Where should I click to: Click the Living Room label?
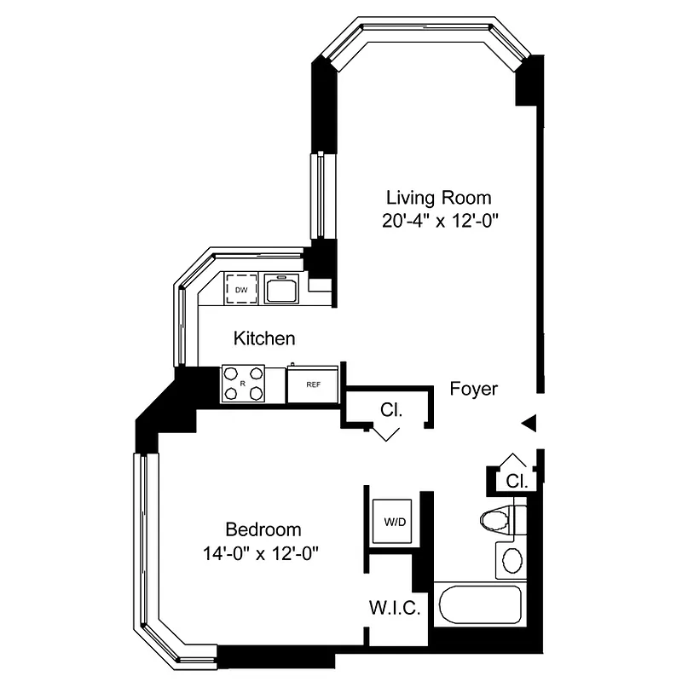[x=439, y=198]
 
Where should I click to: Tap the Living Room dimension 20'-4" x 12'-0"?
[x=440, y=220]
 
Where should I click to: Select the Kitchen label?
[x=264, y=338]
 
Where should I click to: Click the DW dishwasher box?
[x=241, y=290]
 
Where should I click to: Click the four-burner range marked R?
[x=243, y=383]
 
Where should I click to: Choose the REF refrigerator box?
[x=313, y=383]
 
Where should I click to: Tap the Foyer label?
[x=473, y=389]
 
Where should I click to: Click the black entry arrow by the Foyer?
[x=529, y=422]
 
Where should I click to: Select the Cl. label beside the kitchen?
[x=391, y=410]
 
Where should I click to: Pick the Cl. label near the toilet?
[x=517, y=481]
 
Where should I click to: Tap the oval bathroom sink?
[x=511, y=560]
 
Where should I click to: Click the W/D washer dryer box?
[x=395, y=520]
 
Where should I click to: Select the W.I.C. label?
[x=394, y=609]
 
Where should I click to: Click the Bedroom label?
[x=263, y=529]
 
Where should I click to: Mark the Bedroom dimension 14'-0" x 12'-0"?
[x=262, y=552]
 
